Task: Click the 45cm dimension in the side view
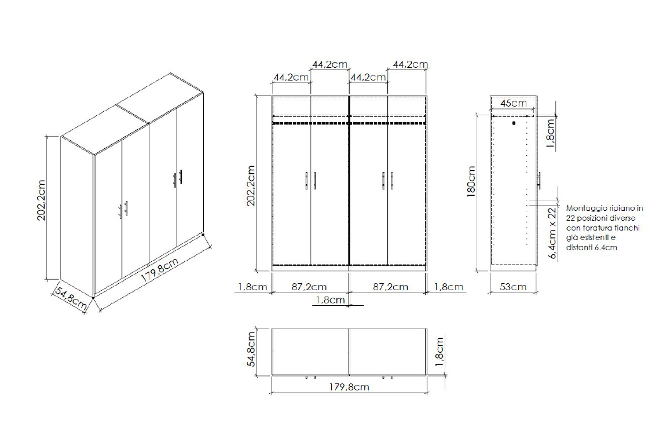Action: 513,103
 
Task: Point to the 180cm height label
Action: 471,181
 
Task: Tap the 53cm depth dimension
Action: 513,287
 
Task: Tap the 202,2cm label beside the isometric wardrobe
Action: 41,200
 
